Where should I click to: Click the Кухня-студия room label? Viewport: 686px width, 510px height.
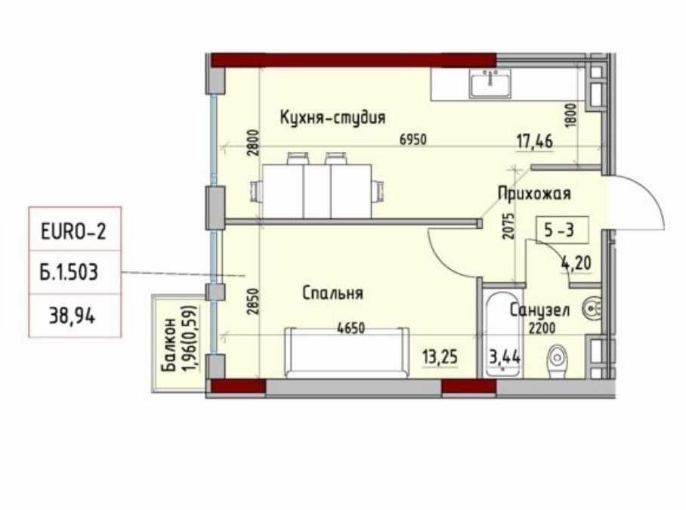332,118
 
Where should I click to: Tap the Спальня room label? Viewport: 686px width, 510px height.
332,293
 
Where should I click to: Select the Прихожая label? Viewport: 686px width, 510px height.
534,193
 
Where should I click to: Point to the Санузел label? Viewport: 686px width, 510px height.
540,310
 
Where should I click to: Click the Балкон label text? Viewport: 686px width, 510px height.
169,345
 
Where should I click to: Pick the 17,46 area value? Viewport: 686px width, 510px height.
535,142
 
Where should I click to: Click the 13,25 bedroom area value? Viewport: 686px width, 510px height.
440,357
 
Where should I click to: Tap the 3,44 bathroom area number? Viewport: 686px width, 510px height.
505,357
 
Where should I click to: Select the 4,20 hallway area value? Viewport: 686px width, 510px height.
576,263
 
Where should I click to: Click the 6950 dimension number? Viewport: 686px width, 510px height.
413,140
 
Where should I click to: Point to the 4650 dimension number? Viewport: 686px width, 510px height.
351,328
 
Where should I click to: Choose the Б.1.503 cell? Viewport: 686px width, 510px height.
75,273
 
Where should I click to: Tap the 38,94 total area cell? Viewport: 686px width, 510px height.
75,315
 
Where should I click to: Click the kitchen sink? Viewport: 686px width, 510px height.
490,83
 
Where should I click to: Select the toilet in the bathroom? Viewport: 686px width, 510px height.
557,362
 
